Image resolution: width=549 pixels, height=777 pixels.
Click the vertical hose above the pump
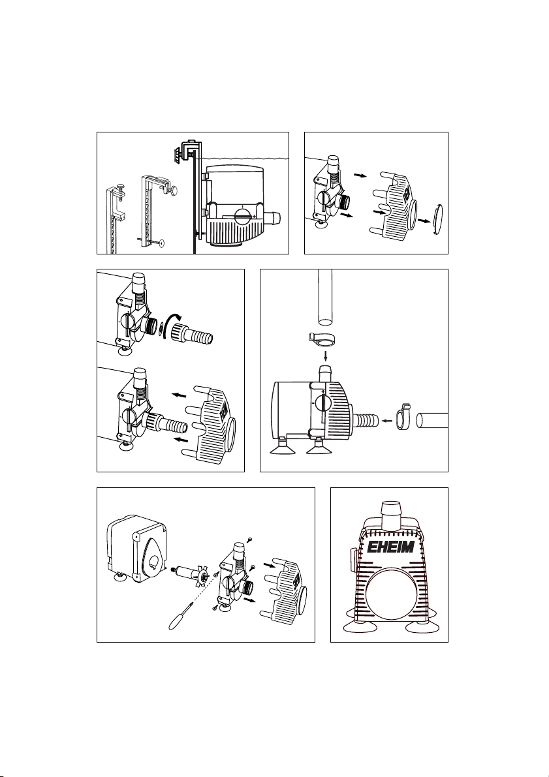coord(325,297)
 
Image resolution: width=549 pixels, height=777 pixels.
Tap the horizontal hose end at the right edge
coord(431,421)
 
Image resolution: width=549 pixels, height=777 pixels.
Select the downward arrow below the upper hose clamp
coord(325,356)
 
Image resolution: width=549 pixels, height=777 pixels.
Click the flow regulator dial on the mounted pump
coord(244,216)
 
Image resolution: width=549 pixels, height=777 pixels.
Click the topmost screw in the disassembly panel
coord(251,539)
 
